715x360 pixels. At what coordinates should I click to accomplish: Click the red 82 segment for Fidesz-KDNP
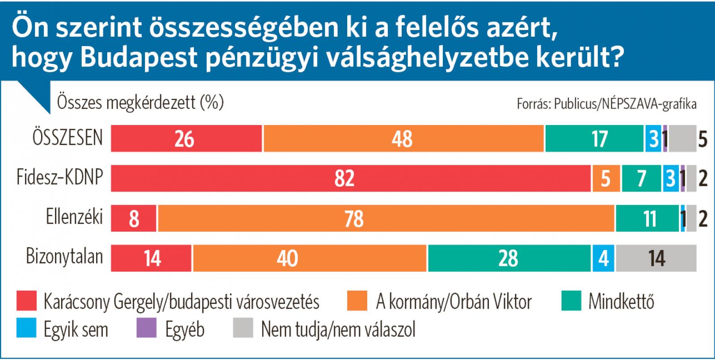pyautogui.click(x=351, y=178)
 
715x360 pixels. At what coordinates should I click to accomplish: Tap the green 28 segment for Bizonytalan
pyautogui.click(x=509, y=258)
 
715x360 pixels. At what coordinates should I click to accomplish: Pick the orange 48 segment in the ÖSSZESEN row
pyautogui.click(x=404, y=138)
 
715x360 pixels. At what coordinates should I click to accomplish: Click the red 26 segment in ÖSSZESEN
pyautogui.click(x=186, y=138)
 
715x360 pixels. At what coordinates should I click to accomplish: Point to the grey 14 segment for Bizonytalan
pyautogui.click(x=656, y=258)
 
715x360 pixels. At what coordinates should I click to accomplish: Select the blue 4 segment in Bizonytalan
pyautogui.click(x=603, y=258)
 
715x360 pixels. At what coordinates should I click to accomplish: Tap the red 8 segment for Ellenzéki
pyautogui.click(x=134, y=218)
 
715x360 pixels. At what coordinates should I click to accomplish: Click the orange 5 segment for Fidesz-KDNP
pyautogui.click(x=606, y=178)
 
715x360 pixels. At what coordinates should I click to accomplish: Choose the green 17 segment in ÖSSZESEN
pyautogui.click(x=594, y=138)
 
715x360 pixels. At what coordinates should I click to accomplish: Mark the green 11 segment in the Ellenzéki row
pyautogui.click(x=647, y=218)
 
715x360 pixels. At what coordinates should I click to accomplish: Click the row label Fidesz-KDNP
pyautogui.click(x=60, y=177)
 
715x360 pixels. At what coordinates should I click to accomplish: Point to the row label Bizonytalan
pyautogui.click(x=64, y=257)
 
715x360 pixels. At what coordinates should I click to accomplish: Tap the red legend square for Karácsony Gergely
pyautogui.click(x=26, y=301)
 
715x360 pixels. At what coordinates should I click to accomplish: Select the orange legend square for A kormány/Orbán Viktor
pyautogui.click(x=357, y=301)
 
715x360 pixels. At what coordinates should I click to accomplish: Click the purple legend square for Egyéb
pyautogui.click(x=146, y=328)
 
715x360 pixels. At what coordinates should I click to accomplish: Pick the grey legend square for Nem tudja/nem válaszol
pyautogui.click(x=243, y=328)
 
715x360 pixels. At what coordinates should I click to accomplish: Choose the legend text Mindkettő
pyautogui.click(x=621, y=301)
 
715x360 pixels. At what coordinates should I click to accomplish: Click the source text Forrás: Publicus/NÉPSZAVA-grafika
pyautogui.click(x=606, y=104)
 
